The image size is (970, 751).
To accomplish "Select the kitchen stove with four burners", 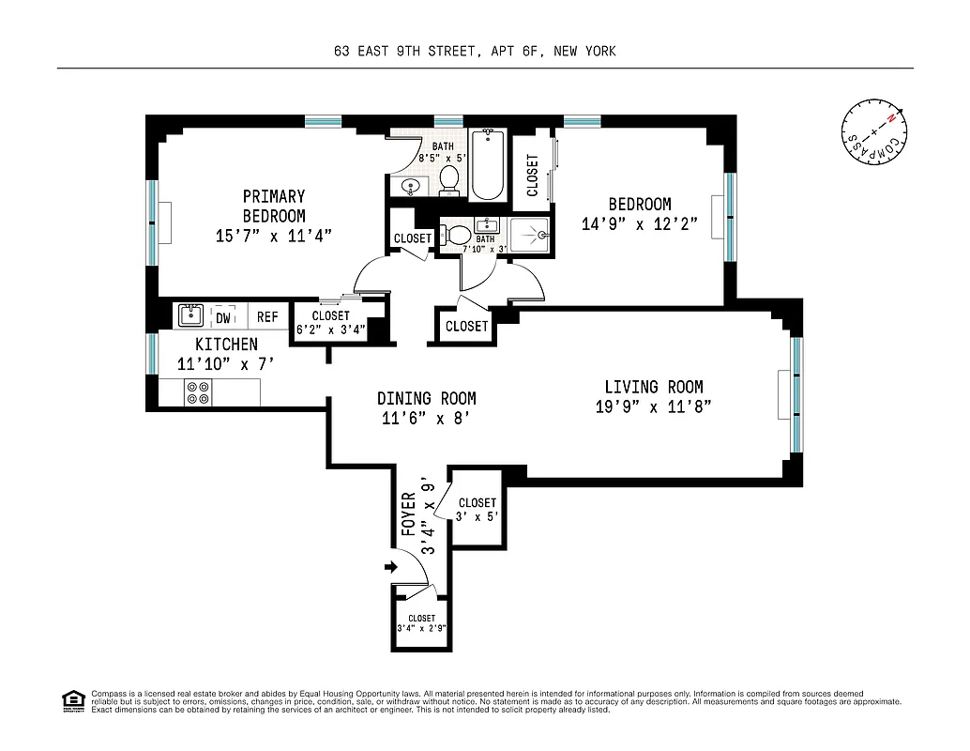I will [198, 392].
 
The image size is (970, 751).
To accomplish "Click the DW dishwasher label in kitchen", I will [223, 317].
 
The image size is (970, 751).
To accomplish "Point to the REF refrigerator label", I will [267, 317].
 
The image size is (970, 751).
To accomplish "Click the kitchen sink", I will [190, 314].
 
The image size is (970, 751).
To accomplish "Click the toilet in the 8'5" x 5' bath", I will [449, 180].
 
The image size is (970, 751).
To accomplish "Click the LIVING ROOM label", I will [653, 387].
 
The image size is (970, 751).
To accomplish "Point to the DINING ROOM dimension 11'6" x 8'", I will [426, 419].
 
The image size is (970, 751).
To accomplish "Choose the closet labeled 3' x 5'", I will [477, 509].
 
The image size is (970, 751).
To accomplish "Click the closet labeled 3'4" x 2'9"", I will [421, 623].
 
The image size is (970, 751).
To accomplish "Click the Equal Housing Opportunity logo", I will [72, 700].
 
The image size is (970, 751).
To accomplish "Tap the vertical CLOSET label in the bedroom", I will [533, 175].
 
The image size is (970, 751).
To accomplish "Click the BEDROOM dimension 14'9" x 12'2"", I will [639, 223].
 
